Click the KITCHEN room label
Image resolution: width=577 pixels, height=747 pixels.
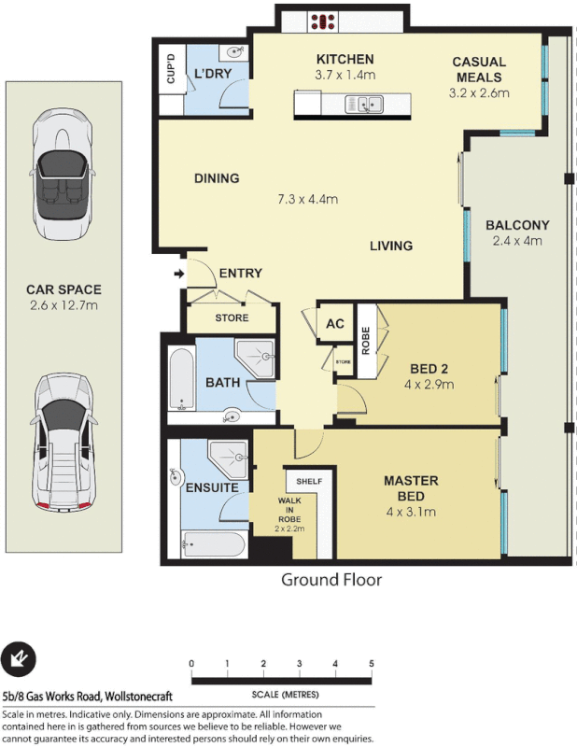[345, 59]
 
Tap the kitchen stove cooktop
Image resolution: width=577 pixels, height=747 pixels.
[325, 21]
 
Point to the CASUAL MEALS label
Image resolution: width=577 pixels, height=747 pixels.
[479, 69]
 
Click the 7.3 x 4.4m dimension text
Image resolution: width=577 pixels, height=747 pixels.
[307, 199]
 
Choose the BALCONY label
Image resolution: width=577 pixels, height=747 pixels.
[517, 225]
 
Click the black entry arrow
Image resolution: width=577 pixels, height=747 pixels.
[179, 274]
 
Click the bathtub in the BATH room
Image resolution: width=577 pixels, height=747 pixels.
[180, 382]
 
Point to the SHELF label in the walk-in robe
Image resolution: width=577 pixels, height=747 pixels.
[308, 481]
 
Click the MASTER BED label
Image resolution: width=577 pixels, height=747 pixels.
[411, 488]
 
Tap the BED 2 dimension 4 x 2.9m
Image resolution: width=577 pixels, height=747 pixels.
[429, 384]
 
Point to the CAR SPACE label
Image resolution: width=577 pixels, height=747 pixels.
[63, 290]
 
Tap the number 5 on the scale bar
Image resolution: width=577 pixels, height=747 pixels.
[371, 664]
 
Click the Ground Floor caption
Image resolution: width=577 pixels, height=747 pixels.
[331, 580]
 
